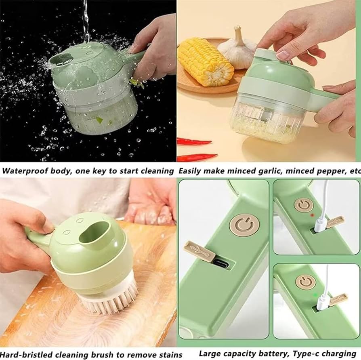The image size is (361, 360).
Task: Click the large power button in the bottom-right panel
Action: [244, 226]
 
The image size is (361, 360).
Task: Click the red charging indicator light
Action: [313, 215]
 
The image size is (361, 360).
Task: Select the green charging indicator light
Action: [315, 295]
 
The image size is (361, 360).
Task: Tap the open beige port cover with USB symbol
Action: [200, 251]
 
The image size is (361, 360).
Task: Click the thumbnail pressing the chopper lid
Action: [282, 55]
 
